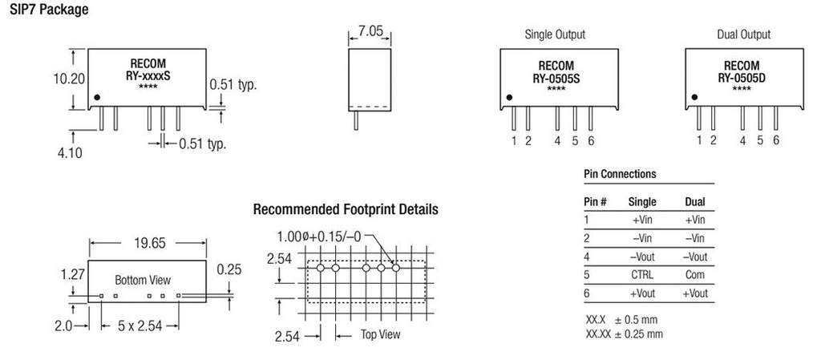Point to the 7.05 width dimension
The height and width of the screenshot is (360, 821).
371,33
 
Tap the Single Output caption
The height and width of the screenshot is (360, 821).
555,34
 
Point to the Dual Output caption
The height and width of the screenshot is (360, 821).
743,34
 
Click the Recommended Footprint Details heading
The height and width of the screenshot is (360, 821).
346,210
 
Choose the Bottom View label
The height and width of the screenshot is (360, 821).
143,281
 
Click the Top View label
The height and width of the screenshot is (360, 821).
380,334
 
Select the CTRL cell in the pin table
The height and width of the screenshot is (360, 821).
642,275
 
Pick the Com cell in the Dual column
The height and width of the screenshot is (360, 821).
695,275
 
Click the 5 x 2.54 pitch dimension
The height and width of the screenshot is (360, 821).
140,326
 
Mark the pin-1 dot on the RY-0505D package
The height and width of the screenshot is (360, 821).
695,98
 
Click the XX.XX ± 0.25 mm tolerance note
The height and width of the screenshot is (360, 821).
625,333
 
